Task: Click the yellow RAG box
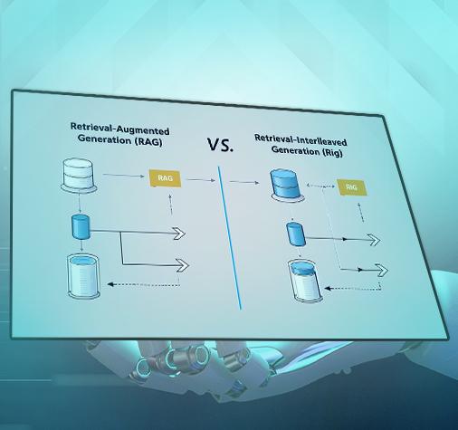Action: click(x=165, y=178)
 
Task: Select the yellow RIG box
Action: click(x=351, y=187)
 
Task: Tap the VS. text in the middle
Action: click(x=220, y=145)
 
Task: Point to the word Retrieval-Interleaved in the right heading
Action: click(x=301, y=140)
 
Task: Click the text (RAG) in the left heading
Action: click(x=148, y=141)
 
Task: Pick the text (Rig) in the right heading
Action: click(x=332, y=152)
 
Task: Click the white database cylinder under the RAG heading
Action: click(x=79, y=175)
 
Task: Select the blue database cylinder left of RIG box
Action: click(x=286, y=185)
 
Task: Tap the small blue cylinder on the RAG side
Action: click(x=81, y=226)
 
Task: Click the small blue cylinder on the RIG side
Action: click(x=296, y=234)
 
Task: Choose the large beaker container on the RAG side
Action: click(x=83, y=276)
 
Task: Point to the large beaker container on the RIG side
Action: click(x=305, y=281)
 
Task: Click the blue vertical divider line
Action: click(x=230, y=238)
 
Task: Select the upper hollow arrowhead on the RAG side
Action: click(x=179, y=234)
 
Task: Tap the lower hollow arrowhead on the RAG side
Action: click(x=182, y=265)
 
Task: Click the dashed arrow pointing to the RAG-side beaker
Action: click(x=144, y=284)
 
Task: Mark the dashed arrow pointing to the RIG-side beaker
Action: click(x=352, y=288)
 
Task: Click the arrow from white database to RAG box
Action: click(x=123, y=175)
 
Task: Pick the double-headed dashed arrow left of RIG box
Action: click(x=320, y=186)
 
